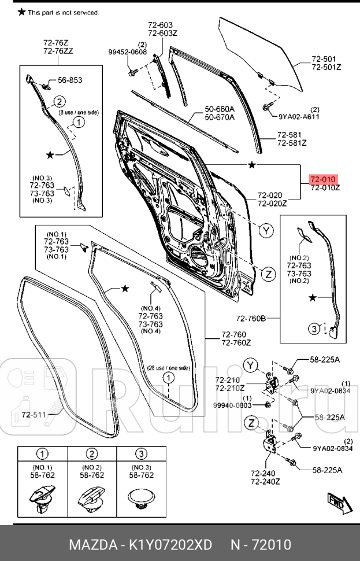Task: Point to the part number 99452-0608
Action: [x=127, y=52]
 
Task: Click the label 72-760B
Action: [x=250, y=318]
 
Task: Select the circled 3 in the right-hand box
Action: [x=313, y=329]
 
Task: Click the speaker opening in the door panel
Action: [x=197, y=255]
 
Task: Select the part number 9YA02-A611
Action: [x=299, y=116]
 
